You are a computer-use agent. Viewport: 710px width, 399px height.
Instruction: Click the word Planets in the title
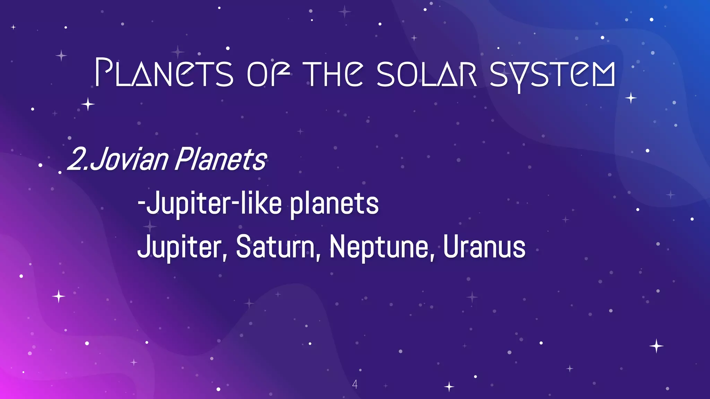tap(164, 73)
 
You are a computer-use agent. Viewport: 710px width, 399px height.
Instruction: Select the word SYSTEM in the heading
tap(552, 74)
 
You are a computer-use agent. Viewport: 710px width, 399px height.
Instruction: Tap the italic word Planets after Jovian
tap(220, 159)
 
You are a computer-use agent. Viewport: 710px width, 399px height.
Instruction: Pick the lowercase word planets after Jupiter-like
tap(334, 204)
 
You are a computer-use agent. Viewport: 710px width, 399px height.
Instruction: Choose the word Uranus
tap(484, 247)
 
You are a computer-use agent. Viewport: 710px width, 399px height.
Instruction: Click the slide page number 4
tap(355, 384)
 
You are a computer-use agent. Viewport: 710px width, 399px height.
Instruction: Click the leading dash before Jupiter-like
tap(141, 204)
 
